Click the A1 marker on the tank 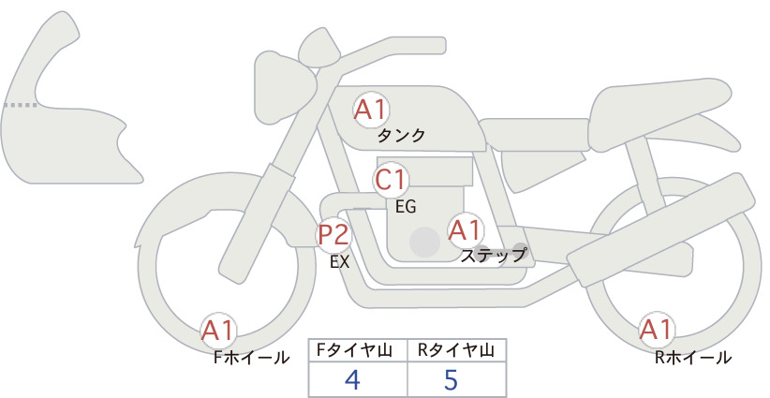[371, 110]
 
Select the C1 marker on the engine [391, 180]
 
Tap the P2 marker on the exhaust [333, 234]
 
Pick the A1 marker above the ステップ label [466, 230]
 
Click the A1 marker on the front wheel [218, 331]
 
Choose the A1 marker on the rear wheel [657, 330]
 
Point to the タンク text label [401, 136]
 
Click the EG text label [406, 207]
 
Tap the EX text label [340, 262]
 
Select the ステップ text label [494, 256]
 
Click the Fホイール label [251, 358]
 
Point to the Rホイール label [693, 358]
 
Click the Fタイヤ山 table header [354, 350]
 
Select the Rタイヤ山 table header [456, 350]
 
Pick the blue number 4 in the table [353, 379]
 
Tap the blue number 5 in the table [451, 379]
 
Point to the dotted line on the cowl [21, 105]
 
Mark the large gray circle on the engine [424, 242]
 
